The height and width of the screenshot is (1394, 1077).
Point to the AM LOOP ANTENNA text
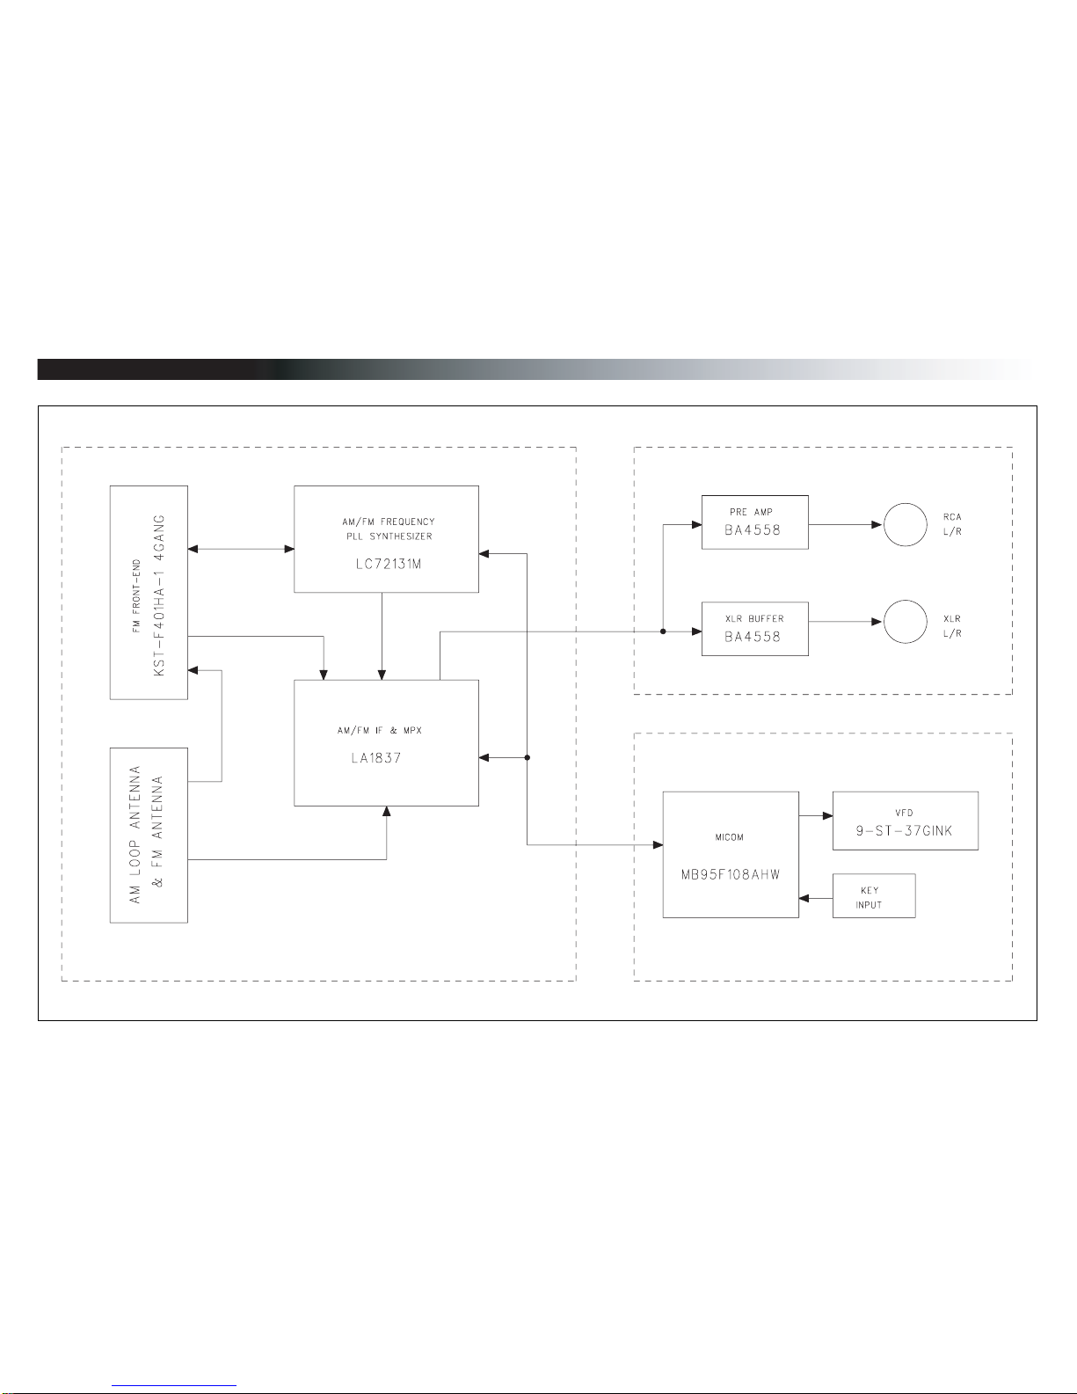coord(136,834)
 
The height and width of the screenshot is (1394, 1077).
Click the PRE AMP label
coord(751,512)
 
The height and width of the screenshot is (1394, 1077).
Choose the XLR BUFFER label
coord(753,618)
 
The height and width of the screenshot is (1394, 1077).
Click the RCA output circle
coord(905,525)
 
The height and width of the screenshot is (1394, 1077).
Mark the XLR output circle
coord(905,622)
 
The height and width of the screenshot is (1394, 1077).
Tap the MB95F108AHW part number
coord(730,875)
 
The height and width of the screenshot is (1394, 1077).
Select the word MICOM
coord(729,837)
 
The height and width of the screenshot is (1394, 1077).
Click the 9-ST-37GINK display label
coord(905,830)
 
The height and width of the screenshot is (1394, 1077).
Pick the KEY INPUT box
coord(874,896)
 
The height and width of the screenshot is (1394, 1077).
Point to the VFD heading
coord(904,813)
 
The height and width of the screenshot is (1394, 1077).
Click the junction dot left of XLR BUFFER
coord(662,631)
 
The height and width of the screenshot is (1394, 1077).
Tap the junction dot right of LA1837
coord(527,757)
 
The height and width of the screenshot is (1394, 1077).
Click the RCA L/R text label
coord(951,525)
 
